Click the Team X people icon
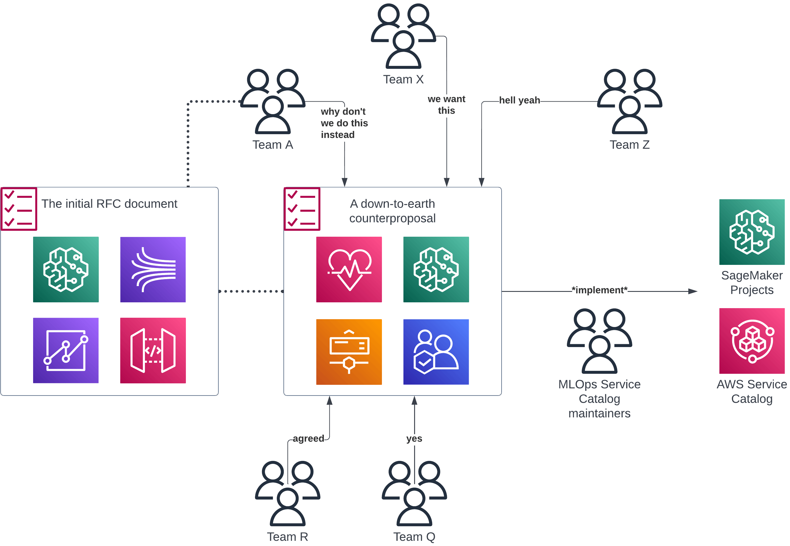[403, 36]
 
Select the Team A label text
[273, 145]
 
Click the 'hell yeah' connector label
[519, 100]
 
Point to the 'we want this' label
[446, 105]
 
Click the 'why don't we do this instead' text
[344, 123]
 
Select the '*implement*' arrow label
[599, 290]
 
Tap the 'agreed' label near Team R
[308, 438]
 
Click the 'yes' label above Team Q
[414, 438]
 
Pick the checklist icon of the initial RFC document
[19, 209]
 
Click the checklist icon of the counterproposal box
[302, 209]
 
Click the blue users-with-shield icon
[436, 352]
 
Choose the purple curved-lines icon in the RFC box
[153, 270]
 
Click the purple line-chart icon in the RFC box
[66, 350]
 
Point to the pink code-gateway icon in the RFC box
[153, 350]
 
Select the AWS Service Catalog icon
[751, 341]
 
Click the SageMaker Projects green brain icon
[751, 232]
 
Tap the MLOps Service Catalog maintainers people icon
[599, 341]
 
